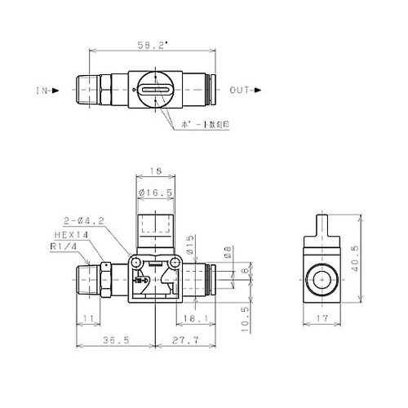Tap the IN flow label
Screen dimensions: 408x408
pyautogui.click(x=42, y=91)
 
